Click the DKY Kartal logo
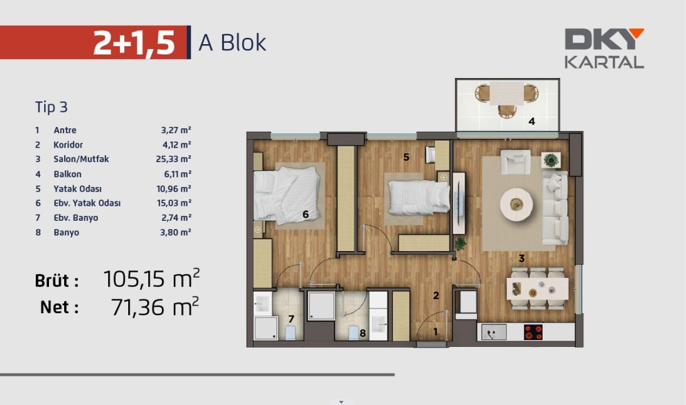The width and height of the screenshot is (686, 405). click(x=604, y=48)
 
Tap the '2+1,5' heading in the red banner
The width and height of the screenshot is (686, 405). click(x=134, y=43)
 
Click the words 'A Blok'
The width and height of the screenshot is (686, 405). click(x=232, y=43)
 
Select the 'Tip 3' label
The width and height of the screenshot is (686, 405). click(x=51, y=107)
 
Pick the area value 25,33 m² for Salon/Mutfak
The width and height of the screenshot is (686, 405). click(x=173, y=159)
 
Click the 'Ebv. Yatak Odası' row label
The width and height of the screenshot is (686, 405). click(x=87, y=203)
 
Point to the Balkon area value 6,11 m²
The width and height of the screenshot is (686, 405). click(x=178, y=174)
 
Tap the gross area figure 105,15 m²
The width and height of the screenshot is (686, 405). click(x=152, y=279)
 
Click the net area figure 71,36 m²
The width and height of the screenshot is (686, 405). click(x=155, y=307)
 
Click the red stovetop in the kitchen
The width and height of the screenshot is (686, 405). click(x=534, y=333)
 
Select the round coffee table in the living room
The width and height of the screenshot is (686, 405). click(x=516, y=204)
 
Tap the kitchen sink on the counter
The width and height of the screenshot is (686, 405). click(x=494, y=333)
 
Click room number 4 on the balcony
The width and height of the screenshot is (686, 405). click(x=532, y=121)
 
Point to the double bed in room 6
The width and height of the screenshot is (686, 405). click(x=287, y=194)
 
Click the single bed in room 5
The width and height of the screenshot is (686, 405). click(x=418, y=197)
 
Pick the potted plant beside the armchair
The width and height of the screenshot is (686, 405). click(x=551, y=160)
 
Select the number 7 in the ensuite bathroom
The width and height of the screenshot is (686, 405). click(x=291, y=319)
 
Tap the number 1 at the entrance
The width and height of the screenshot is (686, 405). click(x=435, y=332)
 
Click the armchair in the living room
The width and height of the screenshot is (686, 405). click(x=516, y=161)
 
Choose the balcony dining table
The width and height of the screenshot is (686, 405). click(x=507, y=94)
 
